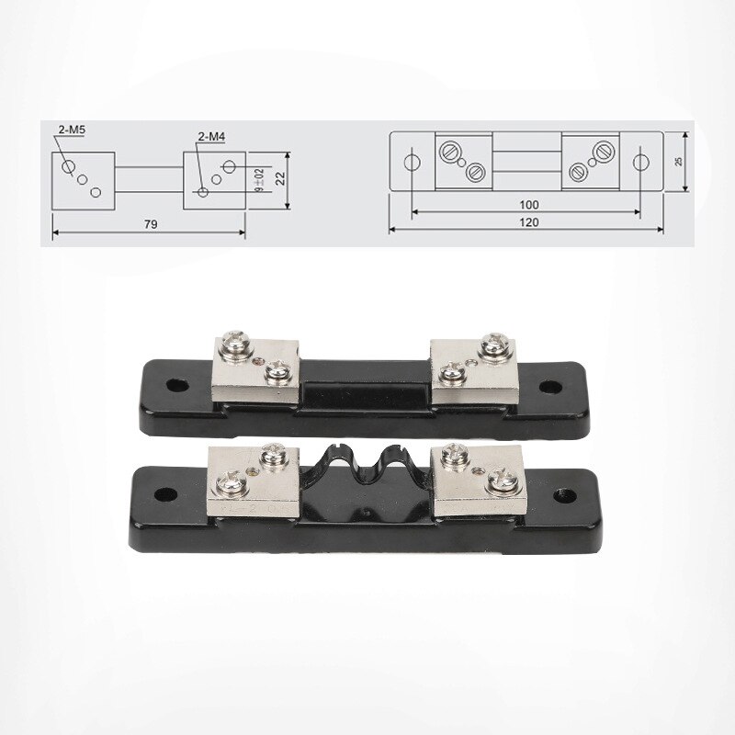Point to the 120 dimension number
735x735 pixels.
(x=528, y=221)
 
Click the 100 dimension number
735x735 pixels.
(x=527, y=204)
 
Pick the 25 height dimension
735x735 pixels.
(x=679, y=161)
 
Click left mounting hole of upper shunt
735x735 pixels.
(x=172, y=383)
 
